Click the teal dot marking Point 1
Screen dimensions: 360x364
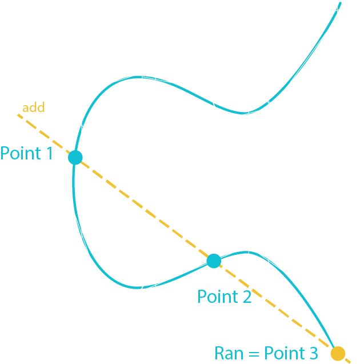point(75,157)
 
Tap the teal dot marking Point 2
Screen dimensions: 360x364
point(214,261)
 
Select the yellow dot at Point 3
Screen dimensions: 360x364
point(338,354)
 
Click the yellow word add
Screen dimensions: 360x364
point(33,107)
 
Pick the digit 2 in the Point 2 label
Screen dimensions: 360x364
point(246,297)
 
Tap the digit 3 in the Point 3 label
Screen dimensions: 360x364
point(311,353)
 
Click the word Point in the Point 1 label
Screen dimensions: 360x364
point(21,153)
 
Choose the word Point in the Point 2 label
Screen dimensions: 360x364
point(217,297)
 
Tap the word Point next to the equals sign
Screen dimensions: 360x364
point(282,353)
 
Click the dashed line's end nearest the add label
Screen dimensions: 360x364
point(18,115)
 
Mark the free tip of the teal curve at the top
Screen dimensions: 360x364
point(341,3)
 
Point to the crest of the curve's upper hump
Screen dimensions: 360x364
point(137,77)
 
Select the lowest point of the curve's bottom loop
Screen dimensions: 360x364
point(137,287)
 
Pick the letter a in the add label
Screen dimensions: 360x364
point(26,108)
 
